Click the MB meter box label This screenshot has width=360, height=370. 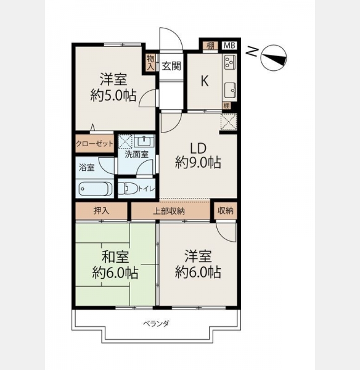click(x=229, y=46)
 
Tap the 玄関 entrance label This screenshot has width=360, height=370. click(x=171, y=66)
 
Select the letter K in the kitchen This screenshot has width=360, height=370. click(x=205, y=81)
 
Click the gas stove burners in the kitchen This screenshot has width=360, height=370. click(x=230, y=62)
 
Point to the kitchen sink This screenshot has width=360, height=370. click(x=230, y=90)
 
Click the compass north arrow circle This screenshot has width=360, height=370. click(x=274, y=58)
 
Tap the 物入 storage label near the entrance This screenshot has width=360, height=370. click(x=150, y=62)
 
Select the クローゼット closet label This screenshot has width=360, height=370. click(x=94, y=144)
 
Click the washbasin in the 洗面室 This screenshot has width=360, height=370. click(x=144, y=142)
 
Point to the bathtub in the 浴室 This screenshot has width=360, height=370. click(x=94, y=189)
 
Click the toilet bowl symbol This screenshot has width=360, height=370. click(x=128, y=188)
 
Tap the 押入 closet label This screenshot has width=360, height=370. click(x=102, y=211)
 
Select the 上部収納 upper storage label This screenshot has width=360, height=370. click(x=169, y=211)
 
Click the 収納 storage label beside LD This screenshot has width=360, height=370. click(x=225, y=211)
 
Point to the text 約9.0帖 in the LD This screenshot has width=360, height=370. click(x=198, y=163)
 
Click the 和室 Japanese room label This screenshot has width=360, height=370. click(x=115, y=257)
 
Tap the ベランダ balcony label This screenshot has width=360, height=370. click(x=156, y=324)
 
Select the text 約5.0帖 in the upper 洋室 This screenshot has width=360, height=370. click(x=113, y=96)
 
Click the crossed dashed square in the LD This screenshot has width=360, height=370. click(x=229, y=122)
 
